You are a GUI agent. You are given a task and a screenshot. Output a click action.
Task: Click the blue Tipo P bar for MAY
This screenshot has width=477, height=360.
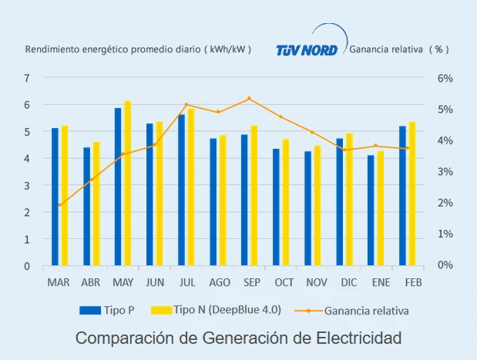[x=118, y=187]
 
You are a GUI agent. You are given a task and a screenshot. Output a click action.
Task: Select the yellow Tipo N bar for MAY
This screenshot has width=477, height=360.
[x=128, y=183]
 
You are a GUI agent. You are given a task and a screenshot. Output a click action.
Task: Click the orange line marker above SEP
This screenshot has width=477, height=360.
[x=249, y=99]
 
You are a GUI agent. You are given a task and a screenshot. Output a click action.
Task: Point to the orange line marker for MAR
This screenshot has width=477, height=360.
[x=59, y=205]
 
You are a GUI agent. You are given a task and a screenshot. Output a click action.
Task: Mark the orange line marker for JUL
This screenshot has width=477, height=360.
[x=186, y=105]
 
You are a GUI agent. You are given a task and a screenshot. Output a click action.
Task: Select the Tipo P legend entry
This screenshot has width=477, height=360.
[x=107, y=310]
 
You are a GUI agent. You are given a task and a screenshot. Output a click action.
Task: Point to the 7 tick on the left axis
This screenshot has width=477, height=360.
[x=27, y=78]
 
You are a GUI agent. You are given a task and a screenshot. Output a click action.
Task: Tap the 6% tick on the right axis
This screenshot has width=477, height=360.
[x=445, y=78]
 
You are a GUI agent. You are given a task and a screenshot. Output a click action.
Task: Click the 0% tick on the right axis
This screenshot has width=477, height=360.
[x=445, y=265]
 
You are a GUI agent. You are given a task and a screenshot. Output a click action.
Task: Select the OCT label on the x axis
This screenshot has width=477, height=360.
[x=284, y=282]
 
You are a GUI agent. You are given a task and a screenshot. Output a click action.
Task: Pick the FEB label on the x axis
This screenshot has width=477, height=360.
[x=413, y=282]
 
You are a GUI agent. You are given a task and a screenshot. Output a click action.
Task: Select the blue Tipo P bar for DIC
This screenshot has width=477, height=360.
[x=339, y=202]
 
